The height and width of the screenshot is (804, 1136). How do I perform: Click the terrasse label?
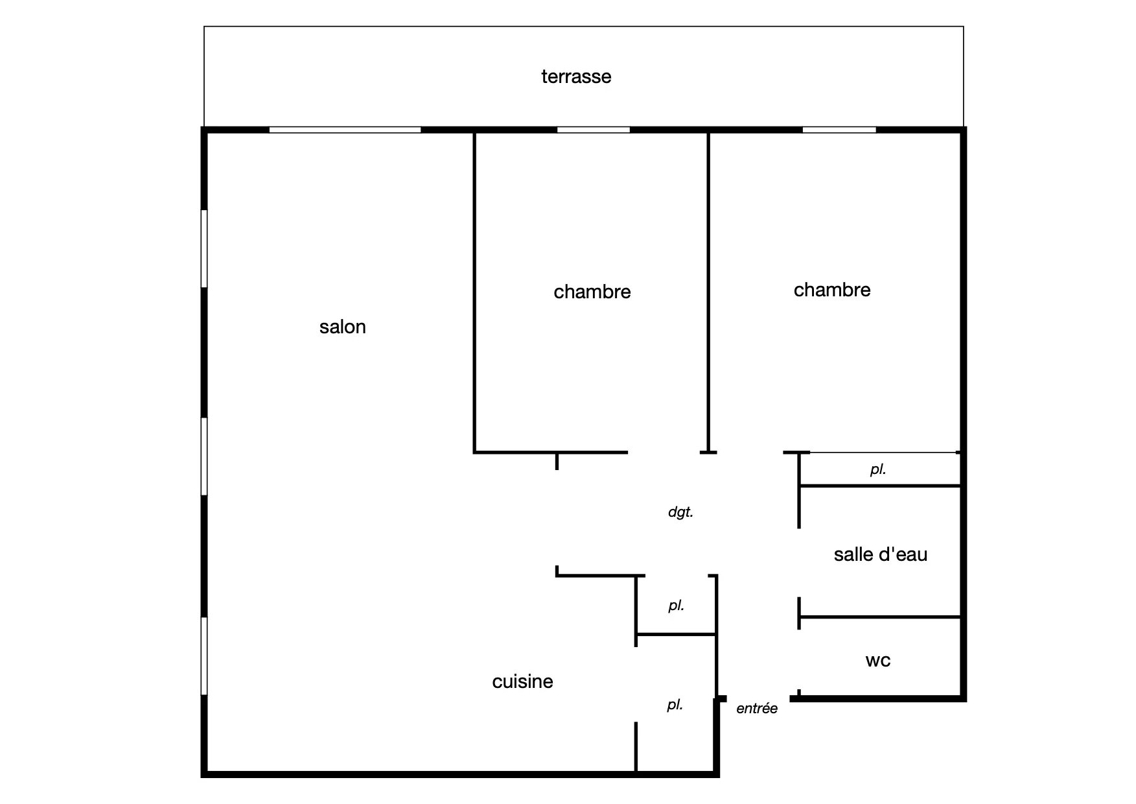pos(576,77)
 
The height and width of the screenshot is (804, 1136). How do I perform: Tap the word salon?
pos(342,327)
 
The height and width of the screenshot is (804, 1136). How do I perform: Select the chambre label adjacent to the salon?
pos(592,292)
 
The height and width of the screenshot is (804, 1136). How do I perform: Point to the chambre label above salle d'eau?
pos(832,290)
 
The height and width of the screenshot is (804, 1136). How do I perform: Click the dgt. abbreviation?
pos(680,512)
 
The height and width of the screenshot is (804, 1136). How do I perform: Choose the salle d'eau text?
pos(881,554)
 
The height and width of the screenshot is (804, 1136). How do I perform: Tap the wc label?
pos(878,661)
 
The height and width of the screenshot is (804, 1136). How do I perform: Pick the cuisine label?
pos(522,681)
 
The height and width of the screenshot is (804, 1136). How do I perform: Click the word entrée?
pos(757,709)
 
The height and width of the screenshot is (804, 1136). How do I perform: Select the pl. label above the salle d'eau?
pos(878,469)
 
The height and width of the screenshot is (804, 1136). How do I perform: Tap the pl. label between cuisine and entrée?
pos(675,705)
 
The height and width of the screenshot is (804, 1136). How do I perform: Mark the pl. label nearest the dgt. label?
pos(677,606)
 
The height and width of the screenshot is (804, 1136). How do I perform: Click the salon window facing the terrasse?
pos(345,130)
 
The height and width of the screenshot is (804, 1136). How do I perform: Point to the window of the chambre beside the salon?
pos(594,130)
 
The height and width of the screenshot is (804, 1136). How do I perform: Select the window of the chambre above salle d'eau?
pos(839,130)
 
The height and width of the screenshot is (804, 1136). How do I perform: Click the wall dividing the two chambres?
pos(708,292)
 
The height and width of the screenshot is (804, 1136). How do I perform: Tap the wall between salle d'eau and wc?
pos(880,617)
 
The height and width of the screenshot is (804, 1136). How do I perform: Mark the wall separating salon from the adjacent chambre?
pos(475,292)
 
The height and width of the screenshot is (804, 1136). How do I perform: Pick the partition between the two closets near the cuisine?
pos(676,634)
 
